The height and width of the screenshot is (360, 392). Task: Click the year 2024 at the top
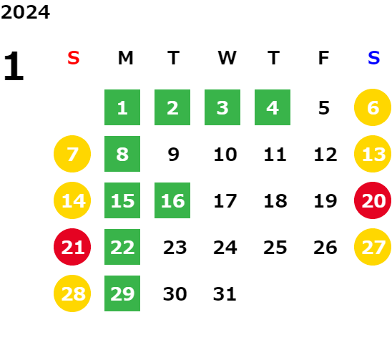25,12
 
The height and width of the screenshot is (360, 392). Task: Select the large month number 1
14,66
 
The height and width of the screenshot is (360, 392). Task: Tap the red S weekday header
74,58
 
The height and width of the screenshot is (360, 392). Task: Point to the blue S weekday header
374,58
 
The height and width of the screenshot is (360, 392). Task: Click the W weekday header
227,58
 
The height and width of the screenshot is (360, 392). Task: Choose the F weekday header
324,58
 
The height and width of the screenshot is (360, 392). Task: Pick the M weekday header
125,58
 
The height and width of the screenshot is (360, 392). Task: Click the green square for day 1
122,107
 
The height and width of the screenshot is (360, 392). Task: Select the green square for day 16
172,200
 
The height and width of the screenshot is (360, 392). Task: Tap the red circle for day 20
373,200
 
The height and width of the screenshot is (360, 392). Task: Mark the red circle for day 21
72,247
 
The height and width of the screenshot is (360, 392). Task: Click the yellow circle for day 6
373,107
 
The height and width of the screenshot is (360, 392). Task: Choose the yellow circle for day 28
72,293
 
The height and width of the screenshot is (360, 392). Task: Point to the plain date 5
324,108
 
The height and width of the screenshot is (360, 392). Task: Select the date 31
225,294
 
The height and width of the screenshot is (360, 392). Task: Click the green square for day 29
122,293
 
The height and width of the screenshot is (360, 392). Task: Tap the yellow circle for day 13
373,154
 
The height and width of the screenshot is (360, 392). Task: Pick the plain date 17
225,201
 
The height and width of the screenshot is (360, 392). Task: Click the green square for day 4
273,107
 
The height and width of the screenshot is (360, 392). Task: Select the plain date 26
325,248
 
